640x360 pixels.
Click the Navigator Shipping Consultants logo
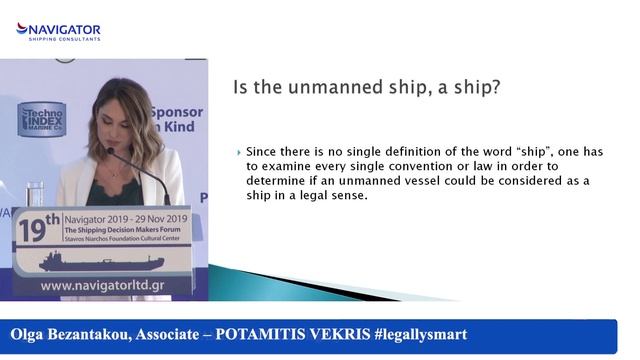58,30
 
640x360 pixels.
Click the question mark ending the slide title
495,87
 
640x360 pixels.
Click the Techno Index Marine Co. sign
41,121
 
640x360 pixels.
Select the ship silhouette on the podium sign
101,263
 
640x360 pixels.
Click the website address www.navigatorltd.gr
102,287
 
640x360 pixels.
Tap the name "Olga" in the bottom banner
33,334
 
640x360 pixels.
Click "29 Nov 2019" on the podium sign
154,217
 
